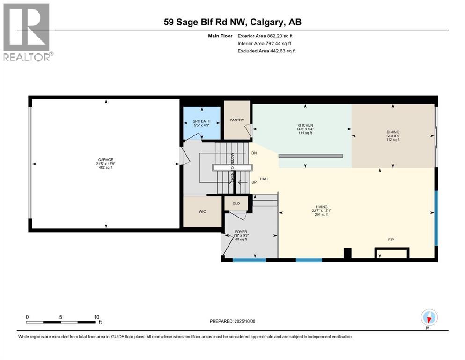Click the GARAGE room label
click(106, 160)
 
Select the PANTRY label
click(237, 120)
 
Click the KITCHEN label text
click(305, 125)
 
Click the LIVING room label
click(321, 207)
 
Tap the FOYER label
click(241, 232)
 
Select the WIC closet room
click(202, 211)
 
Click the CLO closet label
click(236, 203)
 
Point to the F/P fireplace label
click(391, 240)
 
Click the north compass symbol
click(429, 318)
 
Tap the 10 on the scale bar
click(96, 317)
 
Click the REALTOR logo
click(27, 32)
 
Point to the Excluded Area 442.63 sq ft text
click(267, 51)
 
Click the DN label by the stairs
click(254, 153)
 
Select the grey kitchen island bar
click(310, 156)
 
